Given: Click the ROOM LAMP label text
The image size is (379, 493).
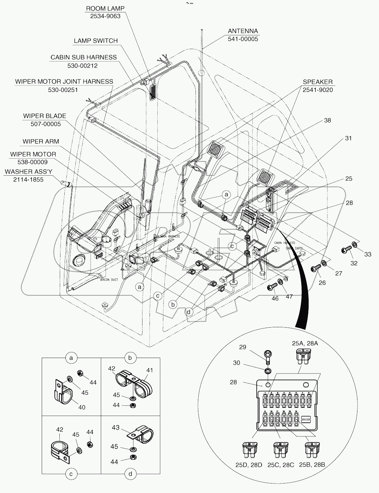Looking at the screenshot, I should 105,8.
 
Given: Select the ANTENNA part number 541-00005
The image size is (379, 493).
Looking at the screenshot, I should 243,39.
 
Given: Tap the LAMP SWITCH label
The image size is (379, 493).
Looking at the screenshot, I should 95,41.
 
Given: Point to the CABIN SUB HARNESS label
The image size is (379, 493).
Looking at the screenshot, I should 83,57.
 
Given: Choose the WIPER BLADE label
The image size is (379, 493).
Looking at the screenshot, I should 45,116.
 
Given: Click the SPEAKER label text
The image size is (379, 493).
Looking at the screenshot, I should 317,82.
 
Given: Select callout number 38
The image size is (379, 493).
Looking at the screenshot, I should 327,121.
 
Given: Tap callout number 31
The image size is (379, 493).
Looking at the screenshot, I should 348,138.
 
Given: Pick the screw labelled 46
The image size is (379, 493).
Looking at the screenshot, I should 272,287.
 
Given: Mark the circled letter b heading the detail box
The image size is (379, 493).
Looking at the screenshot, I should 130,358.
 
